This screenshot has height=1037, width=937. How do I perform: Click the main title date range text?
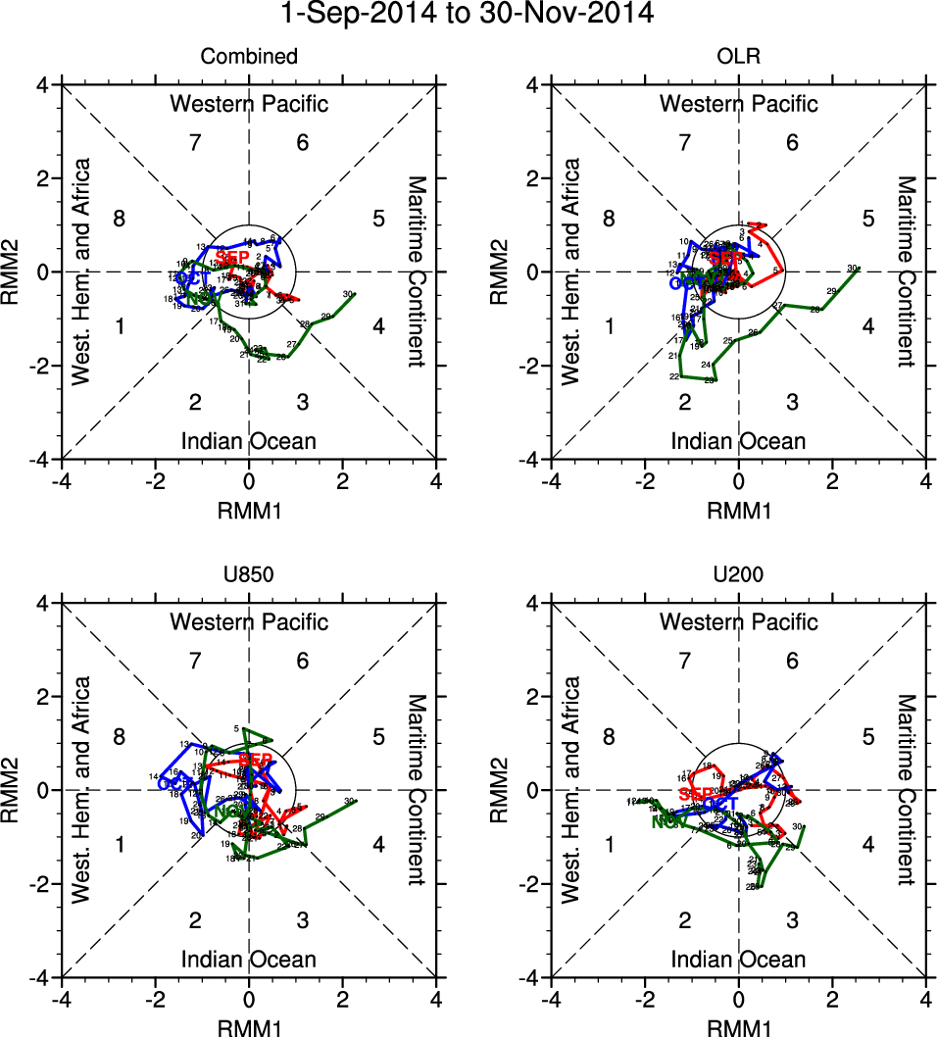click(x=468, y=15)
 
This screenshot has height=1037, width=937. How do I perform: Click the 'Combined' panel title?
click(x=249, y=57)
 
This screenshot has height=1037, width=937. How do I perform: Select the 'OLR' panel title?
click(x=738, y=57)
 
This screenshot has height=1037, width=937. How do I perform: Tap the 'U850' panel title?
click(x=249, y=575)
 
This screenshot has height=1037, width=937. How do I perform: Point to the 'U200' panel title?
click(x=738, y=575)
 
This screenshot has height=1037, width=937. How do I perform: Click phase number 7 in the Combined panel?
click(x=195, y=142)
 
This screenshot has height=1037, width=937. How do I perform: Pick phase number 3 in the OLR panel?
click(x=792, y=402)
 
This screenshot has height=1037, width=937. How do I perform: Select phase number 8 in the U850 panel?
click(x=119, y=737)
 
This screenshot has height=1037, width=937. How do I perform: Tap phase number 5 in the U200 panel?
click(x=868, y=737)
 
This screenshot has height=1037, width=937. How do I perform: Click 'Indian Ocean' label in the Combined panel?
click(x=249, y=441)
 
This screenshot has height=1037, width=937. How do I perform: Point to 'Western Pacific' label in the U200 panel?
click(x=738, y=621)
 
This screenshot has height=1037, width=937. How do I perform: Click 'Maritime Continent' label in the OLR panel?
click(x=907, y=272)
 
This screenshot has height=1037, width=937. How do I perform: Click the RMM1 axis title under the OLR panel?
click(x=738, y=511)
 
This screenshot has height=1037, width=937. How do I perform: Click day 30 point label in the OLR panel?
click(x=852, y=267)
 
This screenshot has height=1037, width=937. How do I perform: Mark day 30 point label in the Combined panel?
click(x=348, y=293)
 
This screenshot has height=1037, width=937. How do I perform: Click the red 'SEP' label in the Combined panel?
click(x=232, y=257)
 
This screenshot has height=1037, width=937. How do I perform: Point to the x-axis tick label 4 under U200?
click(x=926, y=1001)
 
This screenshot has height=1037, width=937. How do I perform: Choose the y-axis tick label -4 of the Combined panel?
click(x=45, y=459)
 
